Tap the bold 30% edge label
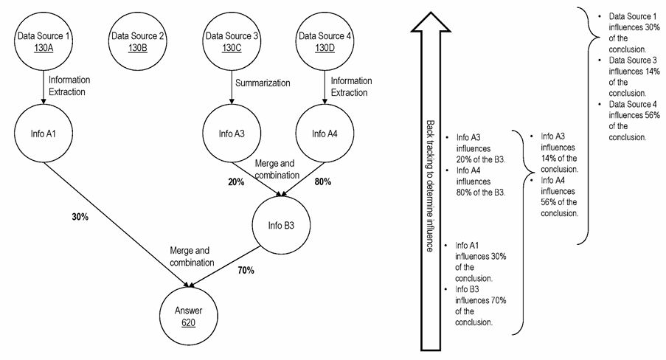coord(80,217)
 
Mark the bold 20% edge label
coord(236,182)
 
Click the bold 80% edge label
coord(323,181)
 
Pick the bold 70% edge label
coord(246,270)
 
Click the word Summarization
coord(263,83)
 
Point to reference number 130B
coord(138,48)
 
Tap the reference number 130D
coord(325,48)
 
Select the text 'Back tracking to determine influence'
coord(430,186)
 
